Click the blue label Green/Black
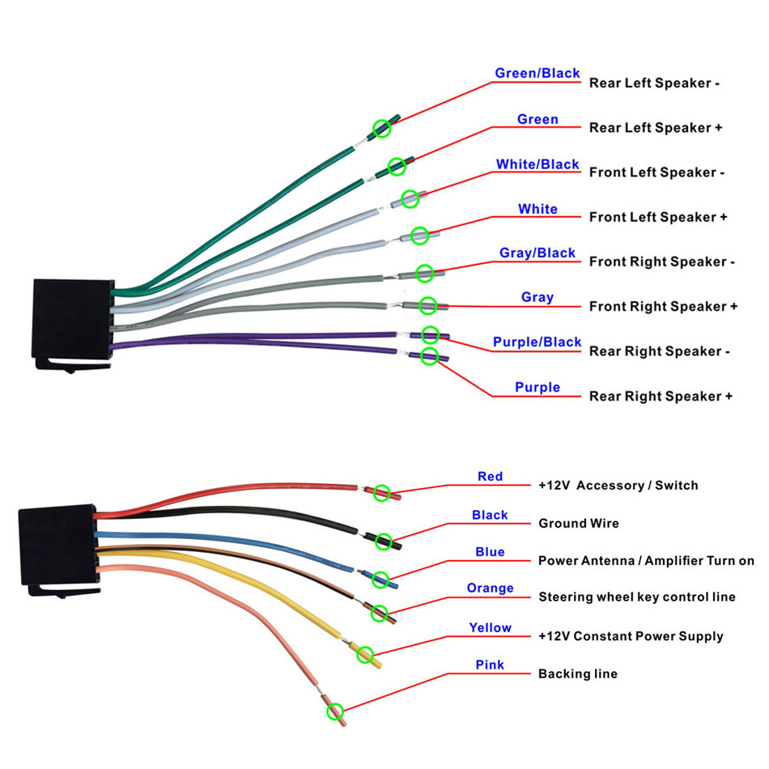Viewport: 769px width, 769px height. pyautogui.click(x=537, y=74)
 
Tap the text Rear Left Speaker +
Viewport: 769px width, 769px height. pyautogui.click(x=655, y=128)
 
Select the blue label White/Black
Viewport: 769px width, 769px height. pyautogui.click(x=537, y=164)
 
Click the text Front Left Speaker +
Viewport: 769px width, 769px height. pyautogui.click(x=657, y=217)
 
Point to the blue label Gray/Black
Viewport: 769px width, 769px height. pyautogui.click(x=537, y=253)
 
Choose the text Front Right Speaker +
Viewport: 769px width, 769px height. pyautogui.click(x=663, y=306)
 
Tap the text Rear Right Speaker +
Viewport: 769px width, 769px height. pyautogui.click(x=661, y=396)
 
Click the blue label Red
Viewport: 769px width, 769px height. pyautogui.click(x=490, y=477)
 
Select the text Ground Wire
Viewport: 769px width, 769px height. pyautogui.click(x=579, y=524)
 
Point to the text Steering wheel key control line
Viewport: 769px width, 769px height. pyautogui.click(x=637, y=597)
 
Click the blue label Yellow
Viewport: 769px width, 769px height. pyautogui.click(x=490, y=627)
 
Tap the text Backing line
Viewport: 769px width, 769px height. pyautogui.click(x=577, y=673)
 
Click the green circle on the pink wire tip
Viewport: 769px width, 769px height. pyautogui.click(x=334, y=712)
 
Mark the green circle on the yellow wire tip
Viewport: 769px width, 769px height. pyautogui.click(x=365, y=654)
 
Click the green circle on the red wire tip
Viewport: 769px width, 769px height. pyautogui.click(x=381, y=492)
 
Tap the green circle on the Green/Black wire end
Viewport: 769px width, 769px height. pyautogui.click(x=381, y=128)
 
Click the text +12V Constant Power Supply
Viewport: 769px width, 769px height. pyautogui.click(x=631, y=636)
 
